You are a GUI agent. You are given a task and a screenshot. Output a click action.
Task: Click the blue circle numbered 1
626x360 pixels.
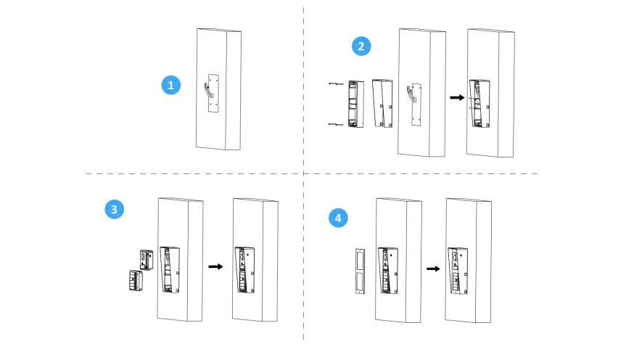pyautogui.click(x=170, y=85)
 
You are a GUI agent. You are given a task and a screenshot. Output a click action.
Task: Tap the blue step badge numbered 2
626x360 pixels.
pyautogui.click(x=361, y=46)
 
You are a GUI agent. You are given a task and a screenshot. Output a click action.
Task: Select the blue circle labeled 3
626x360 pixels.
pyautogui.click(x=113, y=209)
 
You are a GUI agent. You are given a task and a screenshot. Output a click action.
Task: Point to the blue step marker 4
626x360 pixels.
pyautogui.click(x=337, y=217)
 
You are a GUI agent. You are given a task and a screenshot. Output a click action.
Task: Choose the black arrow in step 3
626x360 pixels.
pyautogui.click(x=215, y=266)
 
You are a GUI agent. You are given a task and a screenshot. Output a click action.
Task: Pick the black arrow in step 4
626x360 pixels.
pyautogui.click(x=433, y=268)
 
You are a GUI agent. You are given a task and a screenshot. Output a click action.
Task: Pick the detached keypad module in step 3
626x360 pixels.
pyautogui.click(x=134, y=280)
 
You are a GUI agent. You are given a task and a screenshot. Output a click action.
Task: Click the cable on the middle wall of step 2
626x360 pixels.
pyautogui.click(x=411, y=94)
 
